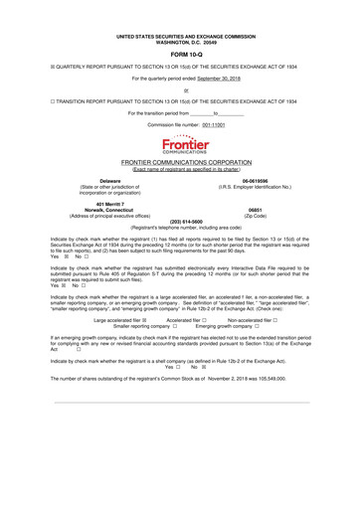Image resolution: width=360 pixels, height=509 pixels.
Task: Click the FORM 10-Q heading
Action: (x=180, y=27)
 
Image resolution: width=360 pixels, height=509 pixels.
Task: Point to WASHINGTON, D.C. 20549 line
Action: (x=180, y=15)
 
